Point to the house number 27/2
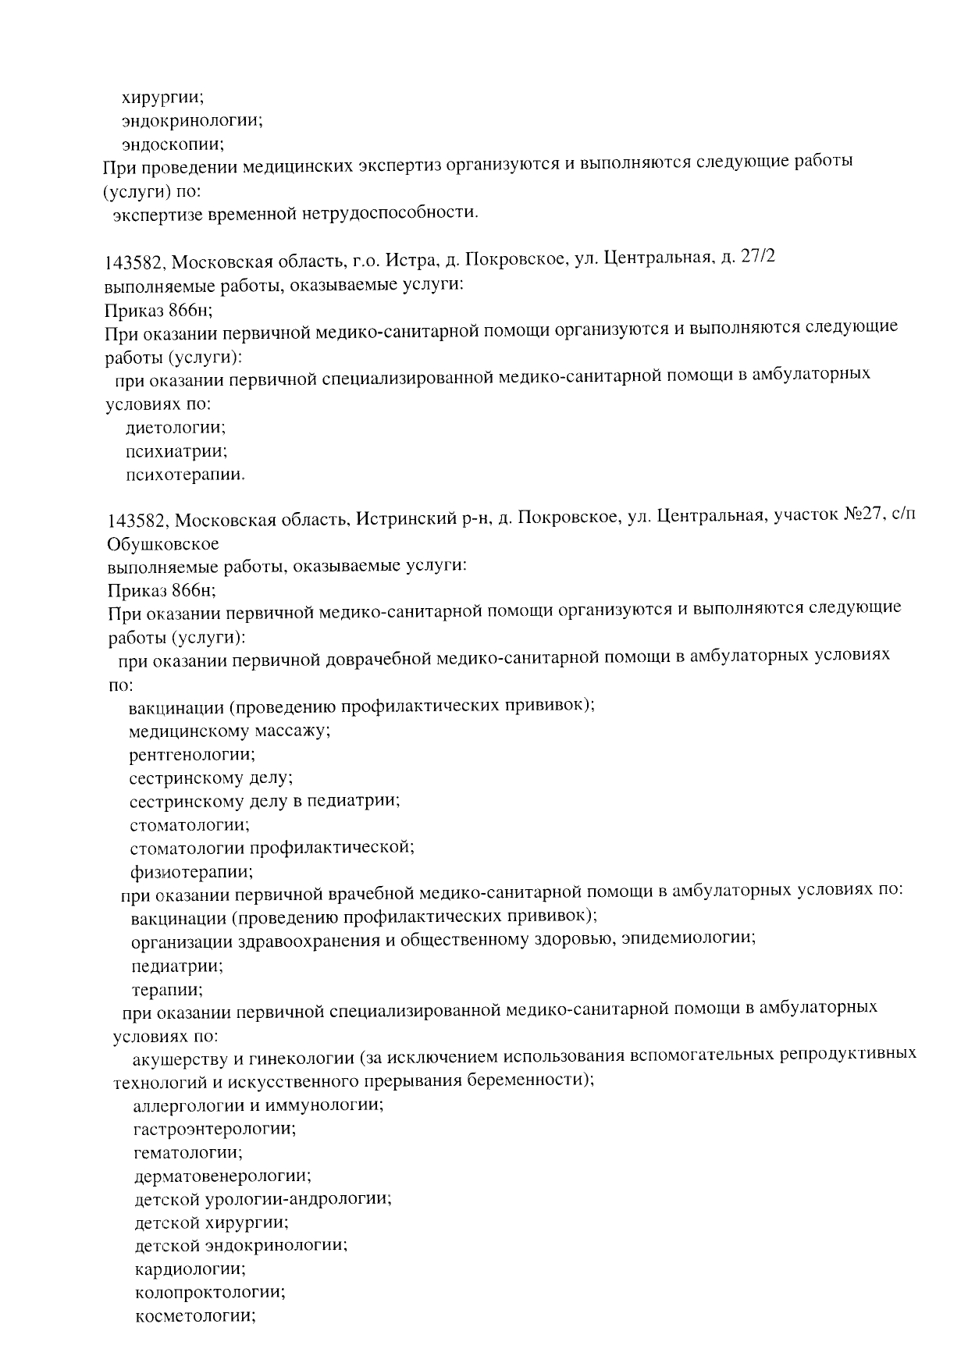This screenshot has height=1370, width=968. click(x=753, y=258)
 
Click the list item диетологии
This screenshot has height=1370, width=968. click(x=176, y=428)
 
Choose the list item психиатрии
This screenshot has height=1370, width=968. click(x=176, y=451)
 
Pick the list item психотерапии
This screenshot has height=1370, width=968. click(x=185, y=475)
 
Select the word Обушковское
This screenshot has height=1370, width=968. click(x=163, y=543)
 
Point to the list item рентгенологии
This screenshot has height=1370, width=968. click(x=192, y=755)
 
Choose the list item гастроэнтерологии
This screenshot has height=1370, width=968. click(x=215, y=1129)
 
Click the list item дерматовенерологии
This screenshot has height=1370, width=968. click(x=222, y=1176)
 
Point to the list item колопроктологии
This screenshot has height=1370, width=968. click(x=209, y=1292)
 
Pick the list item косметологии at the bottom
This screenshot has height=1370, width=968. click(x=196, y=1315)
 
